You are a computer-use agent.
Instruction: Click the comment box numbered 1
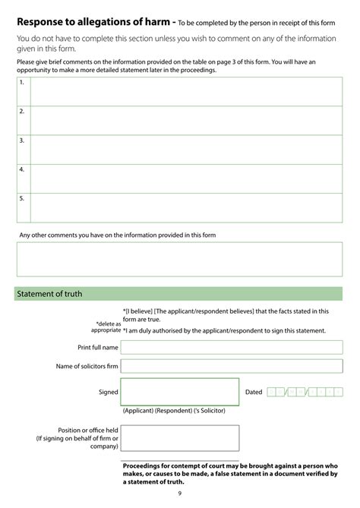(x=186, y=91)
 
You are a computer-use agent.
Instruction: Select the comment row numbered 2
(x=186, y=120)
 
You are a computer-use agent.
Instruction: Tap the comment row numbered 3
(x=186, y=150)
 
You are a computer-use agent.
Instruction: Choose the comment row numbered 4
(x=186, y=178)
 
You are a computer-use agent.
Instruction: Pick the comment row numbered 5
(x=186, y=207)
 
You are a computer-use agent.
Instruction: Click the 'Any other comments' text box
(x=179, y=259)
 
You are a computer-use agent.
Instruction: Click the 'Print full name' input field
(x=231, y=348)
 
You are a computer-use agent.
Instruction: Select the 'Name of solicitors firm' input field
(x=231, y=366)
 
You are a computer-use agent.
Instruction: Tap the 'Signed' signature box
(x=179, y=392)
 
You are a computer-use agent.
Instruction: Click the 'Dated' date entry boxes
(x=305, y=393)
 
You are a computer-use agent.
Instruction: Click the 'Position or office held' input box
(x=179, y=438)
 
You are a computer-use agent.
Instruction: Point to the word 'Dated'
(x=254, y=393)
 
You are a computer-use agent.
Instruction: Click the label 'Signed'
(x=109, y=393)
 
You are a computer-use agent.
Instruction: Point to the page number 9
(x=180, y=494)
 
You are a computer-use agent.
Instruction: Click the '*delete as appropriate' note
(x=106, y=327)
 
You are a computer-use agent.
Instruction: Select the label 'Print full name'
(x=98, y=348)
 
